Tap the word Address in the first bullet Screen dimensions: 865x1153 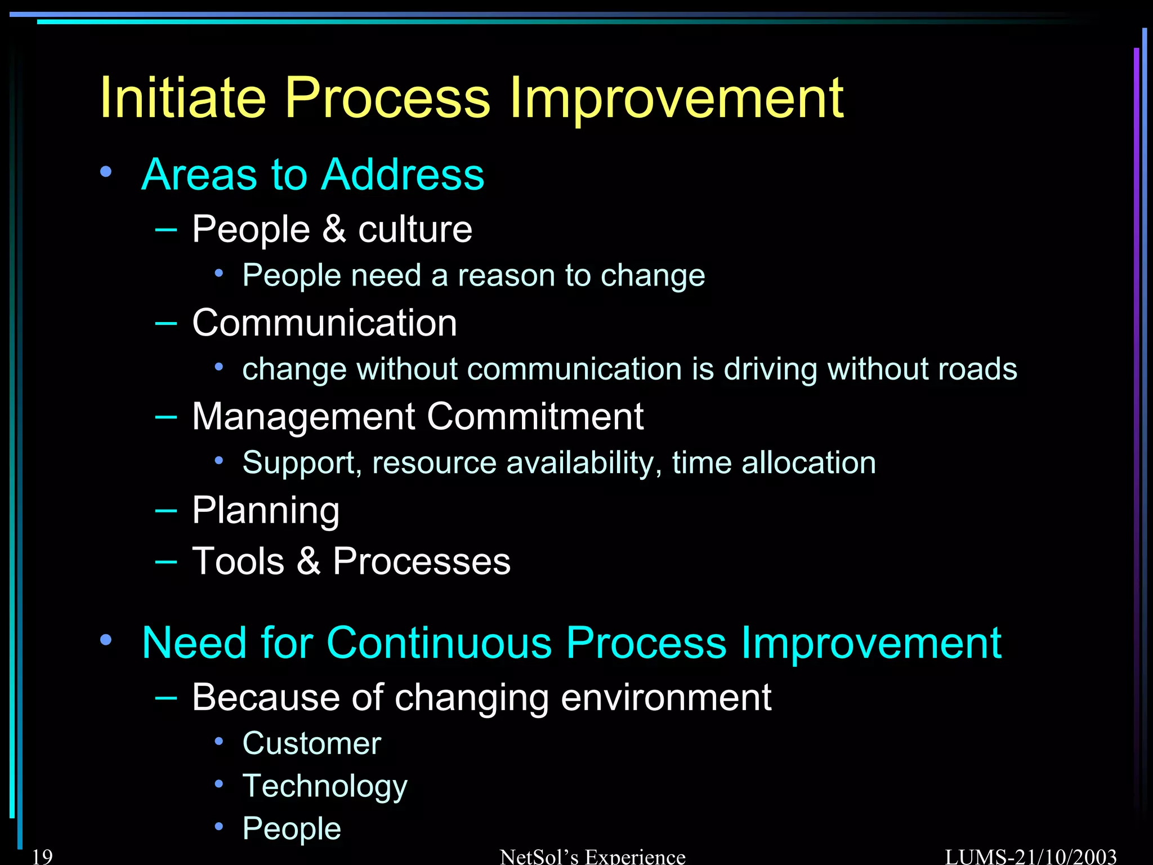pyautogui.click(x=403, y=175)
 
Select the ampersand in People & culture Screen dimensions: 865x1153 pyautogui.click(x=334, y=229)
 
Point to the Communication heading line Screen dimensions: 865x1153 pyautogui.click(x=324, y=323)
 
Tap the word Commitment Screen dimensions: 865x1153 pyautogui.click(x=535, y=417)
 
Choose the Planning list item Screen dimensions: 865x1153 pyautogui.click(x=266, y=510)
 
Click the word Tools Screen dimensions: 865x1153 pyautogui.click(x=238, y=561)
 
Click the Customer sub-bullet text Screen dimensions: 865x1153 pyautogui.click(x=311, y=743)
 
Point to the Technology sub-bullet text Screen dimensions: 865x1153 pyautogui.click(x=324, y=786)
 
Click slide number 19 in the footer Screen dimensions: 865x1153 pyautogui.click(x=42, y=857)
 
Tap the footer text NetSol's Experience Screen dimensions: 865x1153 pyautogui.click(x=592, y=857)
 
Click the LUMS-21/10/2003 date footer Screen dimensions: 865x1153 pyautogui.click(x=1030, y=857)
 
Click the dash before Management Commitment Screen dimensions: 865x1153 pyautogui.click(x=166, y=417)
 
